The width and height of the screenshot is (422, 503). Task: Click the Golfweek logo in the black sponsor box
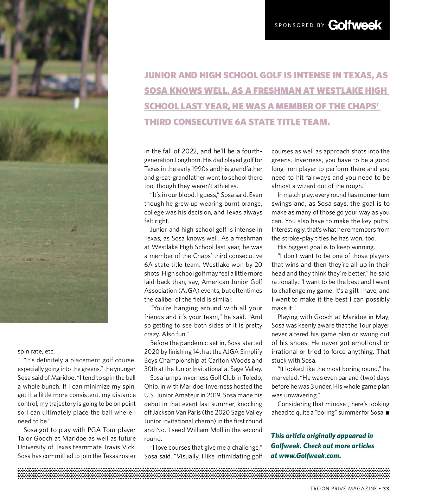click(x=355, y=25)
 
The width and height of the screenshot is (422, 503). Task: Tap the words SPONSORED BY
click(x=300, y=25)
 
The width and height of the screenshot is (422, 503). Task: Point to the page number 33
click(x=386, y=489)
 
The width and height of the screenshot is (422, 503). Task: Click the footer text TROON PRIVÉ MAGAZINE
click(x=343, y=489)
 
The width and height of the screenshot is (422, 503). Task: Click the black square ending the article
click(x=388, y=413)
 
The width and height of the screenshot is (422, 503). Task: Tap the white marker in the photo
click(x=76, y=103)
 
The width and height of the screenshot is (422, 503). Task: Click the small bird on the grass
click(x=74, y=229)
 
